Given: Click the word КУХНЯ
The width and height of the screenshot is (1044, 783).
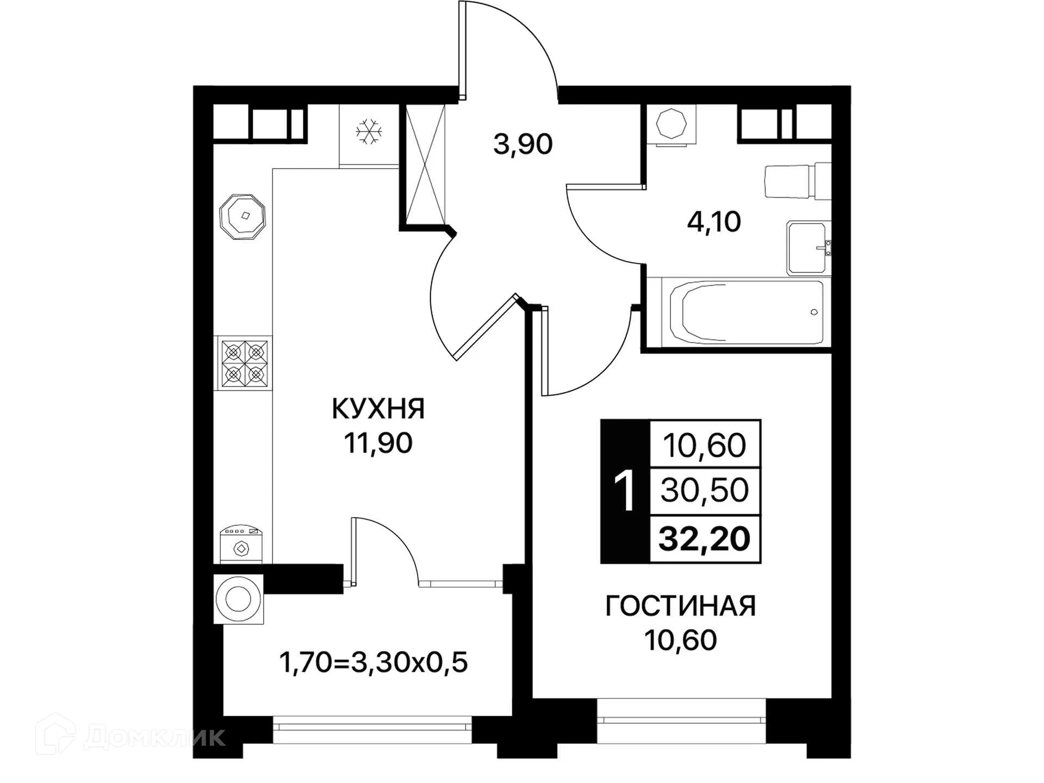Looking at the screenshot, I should pyautogui.click(x=378, y=409).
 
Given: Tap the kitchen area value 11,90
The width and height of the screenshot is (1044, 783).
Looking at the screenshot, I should pyautogui.click(x=378, y=443).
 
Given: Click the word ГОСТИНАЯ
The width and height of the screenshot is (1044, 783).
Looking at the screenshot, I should pyautogui.click(x=680, y=606).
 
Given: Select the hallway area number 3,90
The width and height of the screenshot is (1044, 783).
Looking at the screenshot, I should pyautogui.click(x=523, y=145).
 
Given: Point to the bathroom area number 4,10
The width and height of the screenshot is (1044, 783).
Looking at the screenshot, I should pyautogui.click(x=713, y=222).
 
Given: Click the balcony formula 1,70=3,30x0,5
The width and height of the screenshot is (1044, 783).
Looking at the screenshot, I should pyautogui.click(x=373, y=663).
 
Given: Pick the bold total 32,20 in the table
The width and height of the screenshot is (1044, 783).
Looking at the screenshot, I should pyautogui.click(x=704, y=539).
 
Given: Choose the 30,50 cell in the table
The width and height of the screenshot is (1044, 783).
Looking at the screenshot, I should pyautogui.click(x=704, y=490).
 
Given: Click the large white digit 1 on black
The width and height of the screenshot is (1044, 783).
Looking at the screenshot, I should pyautogui.click(x=624, y=492).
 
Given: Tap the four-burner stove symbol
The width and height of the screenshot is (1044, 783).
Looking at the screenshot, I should pyautogui.click(x=244, y=363).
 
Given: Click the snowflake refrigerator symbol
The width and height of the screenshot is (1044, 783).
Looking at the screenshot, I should pyautogui.click(x=369, y=132).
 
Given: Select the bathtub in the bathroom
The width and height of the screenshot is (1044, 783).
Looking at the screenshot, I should pyautogui.click(x=746, y=313).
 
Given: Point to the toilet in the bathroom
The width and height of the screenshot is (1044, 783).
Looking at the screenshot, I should pyautogui.click(x=797, y=181).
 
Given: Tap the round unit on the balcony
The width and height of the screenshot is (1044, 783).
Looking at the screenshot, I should pyautogui.click(x=238, y=599).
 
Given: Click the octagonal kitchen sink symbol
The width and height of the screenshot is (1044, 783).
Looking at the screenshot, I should pyautogui.click(x=242, y=216).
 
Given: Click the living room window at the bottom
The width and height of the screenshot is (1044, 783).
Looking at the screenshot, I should pyautogui.click(x=681, y=720).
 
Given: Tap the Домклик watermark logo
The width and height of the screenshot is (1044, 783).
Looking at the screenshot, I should pyautogui.click(x=130, y=737).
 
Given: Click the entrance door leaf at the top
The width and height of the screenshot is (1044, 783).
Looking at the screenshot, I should pyautogui.click(x=462, y=51).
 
